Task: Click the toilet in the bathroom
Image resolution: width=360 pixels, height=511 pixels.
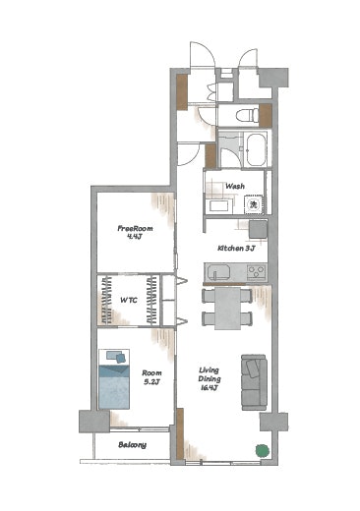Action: click(x=247, y=115)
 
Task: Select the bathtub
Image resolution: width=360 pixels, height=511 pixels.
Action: click(x=256, y=149)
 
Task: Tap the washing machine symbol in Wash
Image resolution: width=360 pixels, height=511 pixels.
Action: click(x=253, y=204)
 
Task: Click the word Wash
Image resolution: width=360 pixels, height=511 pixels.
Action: click(x=235, y=186)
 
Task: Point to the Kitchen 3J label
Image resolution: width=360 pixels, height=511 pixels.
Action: click(x=236, y=248)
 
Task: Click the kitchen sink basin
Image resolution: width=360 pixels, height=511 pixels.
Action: click(x=217, y=272)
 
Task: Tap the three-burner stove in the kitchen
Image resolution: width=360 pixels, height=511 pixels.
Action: click(x=257, y=272)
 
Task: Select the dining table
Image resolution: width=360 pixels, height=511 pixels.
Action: click(x=227, y=309)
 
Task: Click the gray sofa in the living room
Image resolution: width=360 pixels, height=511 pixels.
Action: click(x=254, y=382)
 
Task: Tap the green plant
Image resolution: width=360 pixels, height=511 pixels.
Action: click(x=263, y=451)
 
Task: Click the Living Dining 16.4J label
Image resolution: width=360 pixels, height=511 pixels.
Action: click(x=210, y=379)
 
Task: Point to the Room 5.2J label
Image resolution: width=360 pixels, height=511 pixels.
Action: click(x=151, y=377)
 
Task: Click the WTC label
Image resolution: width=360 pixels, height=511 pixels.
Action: click(x=129, y=300)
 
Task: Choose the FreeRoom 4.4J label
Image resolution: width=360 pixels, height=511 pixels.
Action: click(x=135, y=232)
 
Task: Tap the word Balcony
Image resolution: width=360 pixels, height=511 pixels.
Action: click(x=132, y=445)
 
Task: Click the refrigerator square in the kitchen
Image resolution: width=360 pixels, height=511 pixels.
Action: click(x=258, y=230)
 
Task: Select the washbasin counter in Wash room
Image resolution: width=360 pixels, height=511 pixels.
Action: click(x=218, y=206)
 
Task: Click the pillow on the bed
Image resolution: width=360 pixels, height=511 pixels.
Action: click(x=116, y=356)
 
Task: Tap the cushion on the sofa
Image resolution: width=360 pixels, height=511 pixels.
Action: click(x=253, y=369)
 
